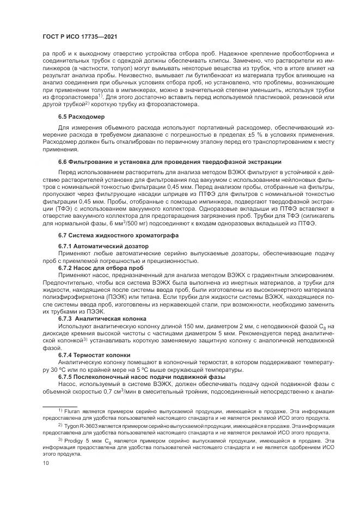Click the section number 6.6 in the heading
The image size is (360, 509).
pyautogui.click(x=62, y=162)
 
